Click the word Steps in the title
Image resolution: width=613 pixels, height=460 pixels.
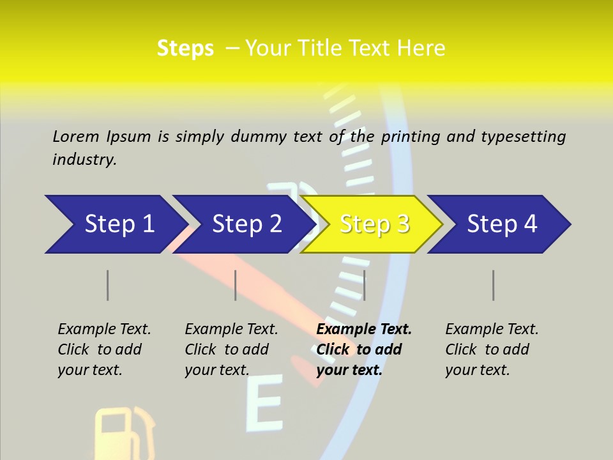point(185,49)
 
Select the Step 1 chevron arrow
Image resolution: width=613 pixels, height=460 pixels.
point(115,224)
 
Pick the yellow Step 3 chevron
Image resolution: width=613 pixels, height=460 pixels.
point(374,224)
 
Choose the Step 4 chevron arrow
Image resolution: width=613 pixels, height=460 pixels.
point(501,224)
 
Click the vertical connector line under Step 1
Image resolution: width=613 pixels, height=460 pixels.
point(108,285)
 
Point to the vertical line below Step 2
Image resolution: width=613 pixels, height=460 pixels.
point(236,285)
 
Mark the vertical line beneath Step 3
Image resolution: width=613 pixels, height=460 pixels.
point(364,285)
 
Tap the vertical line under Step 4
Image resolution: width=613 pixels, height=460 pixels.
point(494,285)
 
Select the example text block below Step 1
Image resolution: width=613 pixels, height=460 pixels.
point(104,349)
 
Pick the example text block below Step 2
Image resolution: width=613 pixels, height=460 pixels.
point(231,349)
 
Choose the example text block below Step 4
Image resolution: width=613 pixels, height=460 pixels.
point(492,349)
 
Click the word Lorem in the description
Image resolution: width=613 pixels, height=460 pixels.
point(76,137)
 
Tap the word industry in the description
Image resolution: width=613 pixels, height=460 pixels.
point(84,160)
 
